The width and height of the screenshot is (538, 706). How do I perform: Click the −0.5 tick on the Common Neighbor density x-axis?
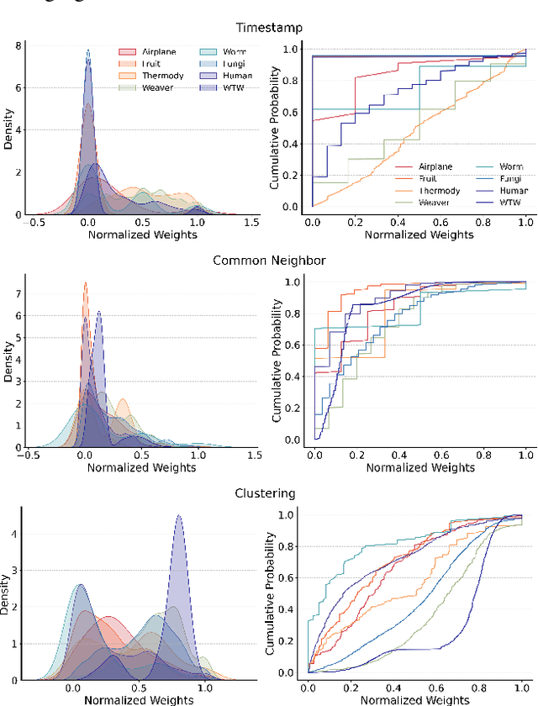pyautogui.click(x=30, y=456)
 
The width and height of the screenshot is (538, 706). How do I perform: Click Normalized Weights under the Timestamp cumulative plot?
pyautogui.click(x=419, y=234)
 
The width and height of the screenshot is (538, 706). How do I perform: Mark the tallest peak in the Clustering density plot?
pyautogui.click(x=178, y=518)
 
